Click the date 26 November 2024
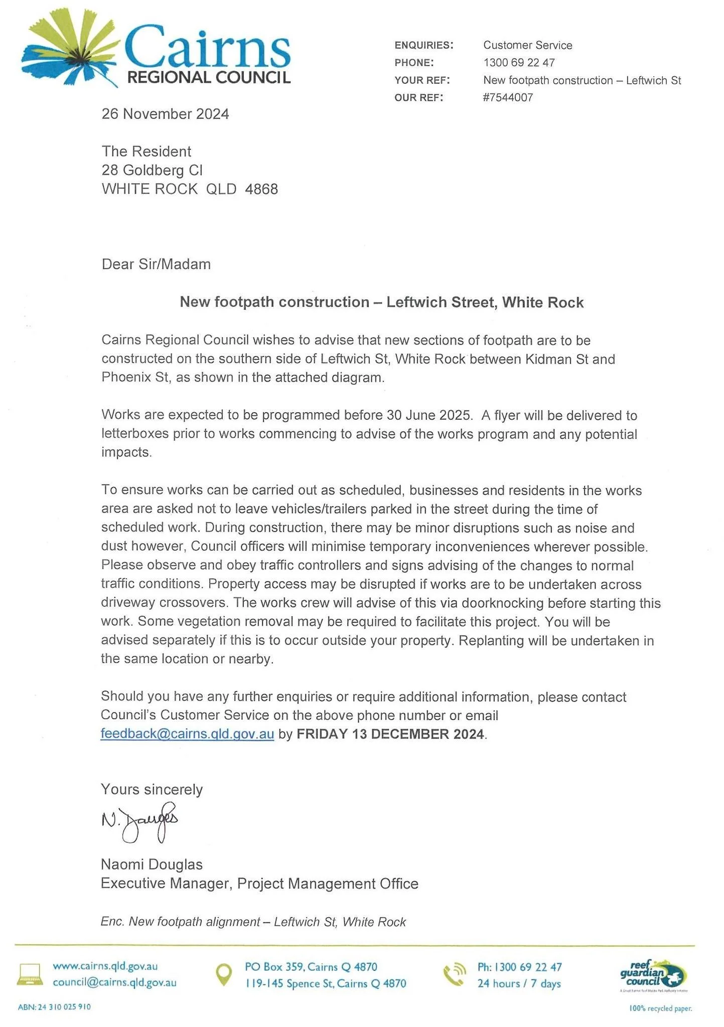tap(165, 114)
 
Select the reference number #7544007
tap(508, 98)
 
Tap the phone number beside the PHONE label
tap(519, 63)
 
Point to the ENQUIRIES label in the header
tap(424, 45)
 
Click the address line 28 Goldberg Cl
tap(152, 170)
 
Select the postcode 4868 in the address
tap(261, 189)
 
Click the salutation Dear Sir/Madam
tap(156, 264)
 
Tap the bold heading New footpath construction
tap(381, 302)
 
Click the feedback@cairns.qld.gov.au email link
tap(187, 734)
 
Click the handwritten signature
tap(140, 822)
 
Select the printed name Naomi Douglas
tap(152, 865)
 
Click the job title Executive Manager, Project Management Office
tap(259, 884)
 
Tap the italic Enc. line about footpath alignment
tap(253, 922)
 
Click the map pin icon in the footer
tap(223, 974)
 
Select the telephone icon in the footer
tap(455, 974)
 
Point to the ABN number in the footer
tap(54, 1007)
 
